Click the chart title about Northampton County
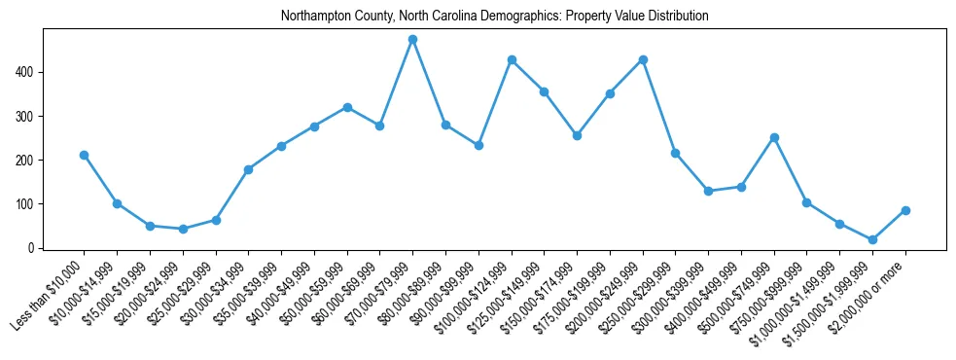pyautogui.click(x=494, y=17)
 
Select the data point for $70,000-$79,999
pyautogui.click(x=412, y=39)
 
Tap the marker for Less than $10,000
pyautogui.click(x=84, y=155)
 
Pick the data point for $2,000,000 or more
pyautogui.click(x=905, y=210)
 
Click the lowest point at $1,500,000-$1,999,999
pyautogui.click(x=872, y=239)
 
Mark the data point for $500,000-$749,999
pyautogui.click(x=774, y=137)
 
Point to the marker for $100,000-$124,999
pyautogui.click(x=512, y=59)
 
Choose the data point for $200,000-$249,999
pyautogui.click(x=643, y=59)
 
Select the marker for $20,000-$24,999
pyautogui.click(x=183, y=229)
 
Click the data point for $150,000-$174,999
pyautogui.click(x=577, y=135)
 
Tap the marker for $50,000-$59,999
pyautogui.click(x=347, y=107)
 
